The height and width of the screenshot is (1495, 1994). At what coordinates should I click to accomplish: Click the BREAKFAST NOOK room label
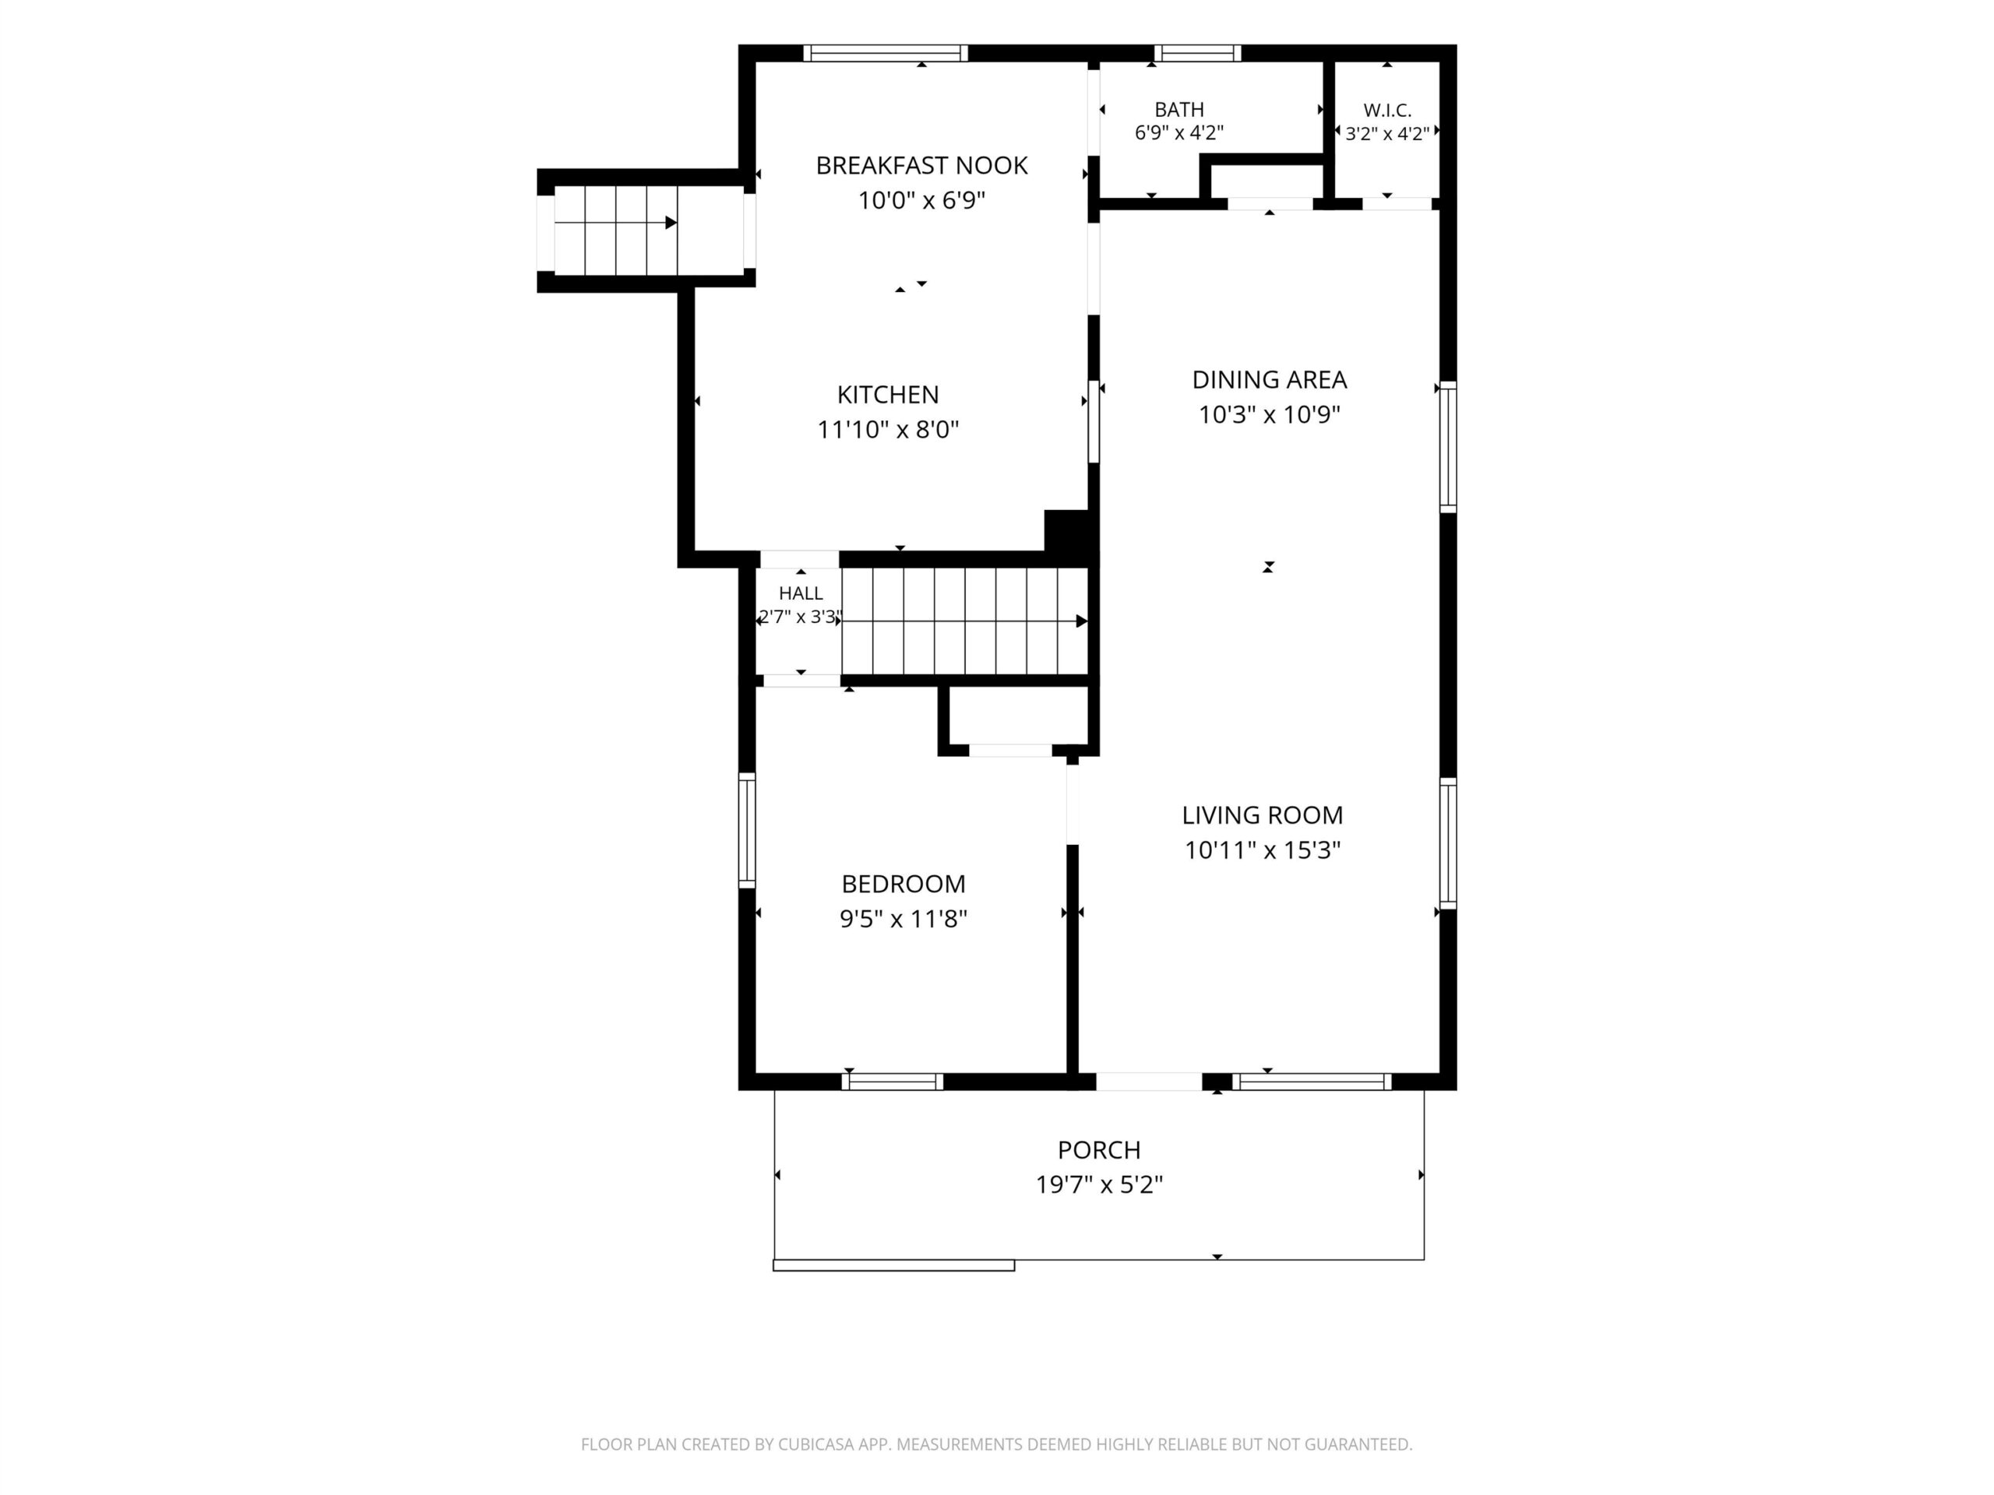(921, 166)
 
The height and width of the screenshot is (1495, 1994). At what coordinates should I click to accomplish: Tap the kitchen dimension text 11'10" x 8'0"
(888, 430)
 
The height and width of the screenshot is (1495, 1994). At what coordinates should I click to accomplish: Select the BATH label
(1179, 110)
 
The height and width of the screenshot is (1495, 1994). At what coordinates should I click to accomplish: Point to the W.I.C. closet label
(1387, 111)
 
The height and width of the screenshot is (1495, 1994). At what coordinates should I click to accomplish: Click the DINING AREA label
(1270, 380)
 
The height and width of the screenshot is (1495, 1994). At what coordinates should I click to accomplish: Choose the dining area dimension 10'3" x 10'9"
(1270, 414)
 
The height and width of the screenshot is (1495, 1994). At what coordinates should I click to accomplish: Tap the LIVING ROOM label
(1262, 815)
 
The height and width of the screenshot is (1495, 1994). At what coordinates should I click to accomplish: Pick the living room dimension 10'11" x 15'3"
(1262, 850)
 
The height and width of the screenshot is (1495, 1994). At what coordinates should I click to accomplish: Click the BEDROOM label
(904, 884)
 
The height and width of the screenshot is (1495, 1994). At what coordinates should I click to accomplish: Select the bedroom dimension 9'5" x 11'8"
(904, 918)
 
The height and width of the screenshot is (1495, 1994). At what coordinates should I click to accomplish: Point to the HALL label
(801, 594)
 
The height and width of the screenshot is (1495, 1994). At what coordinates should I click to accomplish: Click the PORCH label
(1099, 1150)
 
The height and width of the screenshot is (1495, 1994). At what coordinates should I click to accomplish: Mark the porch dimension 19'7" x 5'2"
(1099, 1184)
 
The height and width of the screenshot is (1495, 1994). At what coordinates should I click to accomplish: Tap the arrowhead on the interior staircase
(1082, 621)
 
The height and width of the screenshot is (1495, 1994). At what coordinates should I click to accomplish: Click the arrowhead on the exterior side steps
(671, 223)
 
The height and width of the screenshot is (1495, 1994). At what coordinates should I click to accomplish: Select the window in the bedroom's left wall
(747, 831)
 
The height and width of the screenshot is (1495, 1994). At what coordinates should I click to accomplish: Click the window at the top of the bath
(1197, 53)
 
